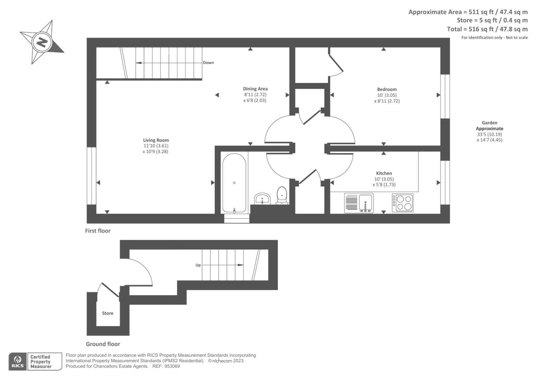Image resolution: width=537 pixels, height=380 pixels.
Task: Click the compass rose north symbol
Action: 42,42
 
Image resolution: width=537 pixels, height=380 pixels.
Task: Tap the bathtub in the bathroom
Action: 234,183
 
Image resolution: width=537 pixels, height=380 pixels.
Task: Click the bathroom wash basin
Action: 262,199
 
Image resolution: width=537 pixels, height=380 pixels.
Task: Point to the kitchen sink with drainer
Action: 358,203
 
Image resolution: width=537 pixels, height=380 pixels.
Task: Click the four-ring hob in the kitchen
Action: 403,203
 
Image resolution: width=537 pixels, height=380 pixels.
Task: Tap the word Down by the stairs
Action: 208,63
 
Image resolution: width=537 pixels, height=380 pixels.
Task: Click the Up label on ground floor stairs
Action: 198,265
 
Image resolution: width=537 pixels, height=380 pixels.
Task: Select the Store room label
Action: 108,313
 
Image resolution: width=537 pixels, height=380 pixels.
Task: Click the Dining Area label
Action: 255,89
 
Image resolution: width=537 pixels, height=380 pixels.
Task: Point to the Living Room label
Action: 156,140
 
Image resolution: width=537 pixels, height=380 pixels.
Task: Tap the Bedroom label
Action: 387,89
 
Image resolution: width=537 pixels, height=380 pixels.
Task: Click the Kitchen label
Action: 384,173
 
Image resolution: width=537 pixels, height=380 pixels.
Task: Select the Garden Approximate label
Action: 489,126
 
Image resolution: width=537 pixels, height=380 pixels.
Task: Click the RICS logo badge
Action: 18,362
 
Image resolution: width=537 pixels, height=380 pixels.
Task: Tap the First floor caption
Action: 98,231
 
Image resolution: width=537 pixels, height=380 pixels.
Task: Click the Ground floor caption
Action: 103,344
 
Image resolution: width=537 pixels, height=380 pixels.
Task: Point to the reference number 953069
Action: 173,366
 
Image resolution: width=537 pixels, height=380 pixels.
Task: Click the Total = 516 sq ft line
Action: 487,29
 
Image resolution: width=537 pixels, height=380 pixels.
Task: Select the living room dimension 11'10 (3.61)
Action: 156,146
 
